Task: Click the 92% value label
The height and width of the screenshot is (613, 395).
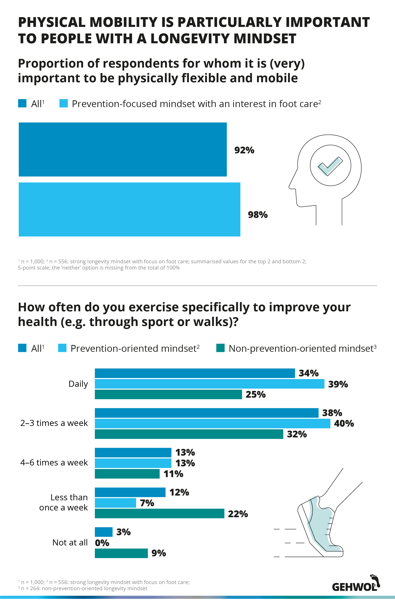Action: [x=244, y=150]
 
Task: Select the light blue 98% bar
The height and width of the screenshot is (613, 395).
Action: [x=130, y=209]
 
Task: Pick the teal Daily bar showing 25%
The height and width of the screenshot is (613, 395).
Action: [x=168, y=394]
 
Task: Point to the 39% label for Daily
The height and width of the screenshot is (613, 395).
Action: [x=338, y=384]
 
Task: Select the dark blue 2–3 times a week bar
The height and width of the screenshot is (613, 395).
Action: [x=206, y=413]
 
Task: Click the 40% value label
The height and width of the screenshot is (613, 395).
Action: [x=344, y=423]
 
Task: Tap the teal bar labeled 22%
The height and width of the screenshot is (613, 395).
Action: [x=160, y=513]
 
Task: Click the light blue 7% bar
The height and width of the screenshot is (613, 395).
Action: [x=115, y=503]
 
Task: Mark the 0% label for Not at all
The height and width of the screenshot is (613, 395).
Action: [x=102, y=543]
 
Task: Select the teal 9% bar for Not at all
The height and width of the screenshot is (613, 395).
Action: [x=121, y=553]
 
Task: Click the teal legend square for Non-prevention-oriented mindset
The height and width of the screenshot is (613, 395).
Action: [x=221, y=348]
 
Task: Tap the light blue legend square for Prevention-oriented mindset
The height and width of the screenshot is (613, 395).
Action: [x=62, y=348]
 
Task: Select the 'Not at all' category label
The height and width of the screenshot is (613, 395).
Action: [x=70, y=542]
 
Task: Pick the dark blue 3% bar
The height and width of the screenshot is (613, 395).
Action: [x=104, y=532]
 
